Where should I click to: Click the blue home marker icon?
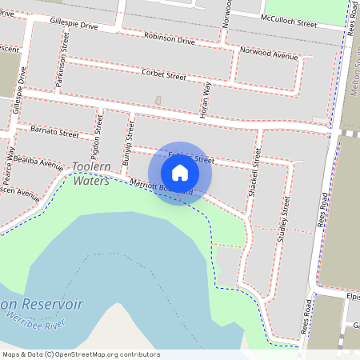180,172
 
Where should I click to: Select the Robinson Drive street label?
170,38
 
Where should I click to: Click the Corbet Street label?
163,76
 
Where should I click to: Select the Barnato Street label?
54,130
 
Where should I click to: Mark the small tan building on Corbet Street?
158,100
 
